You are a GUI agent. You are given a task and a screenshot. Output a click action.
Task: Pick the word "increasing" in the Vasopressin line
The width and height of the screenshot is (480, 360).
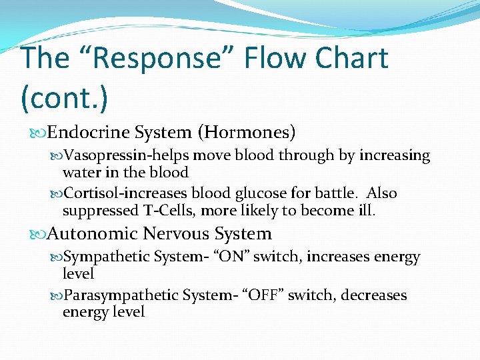point(395,156)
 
